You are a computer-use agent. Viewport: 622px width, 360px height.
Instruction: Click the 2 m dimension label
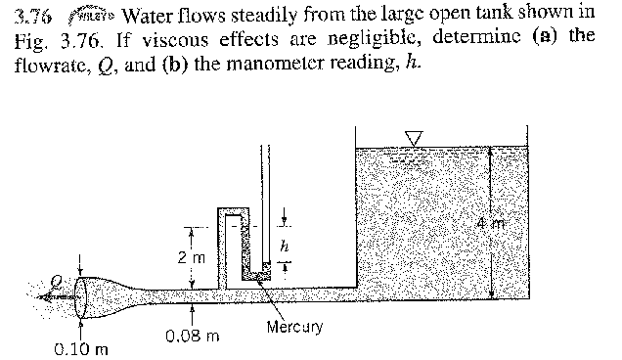click(189, 257)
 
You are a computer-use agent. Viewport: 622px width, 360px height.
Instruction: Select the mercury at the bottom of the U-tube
click(256, 278)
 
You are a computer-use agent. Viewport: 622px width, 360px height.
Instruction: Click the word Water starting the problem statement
click(150, 17)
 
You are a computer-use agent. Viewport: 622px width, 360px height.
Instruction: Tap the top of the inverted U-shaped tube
click(228, 210)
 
